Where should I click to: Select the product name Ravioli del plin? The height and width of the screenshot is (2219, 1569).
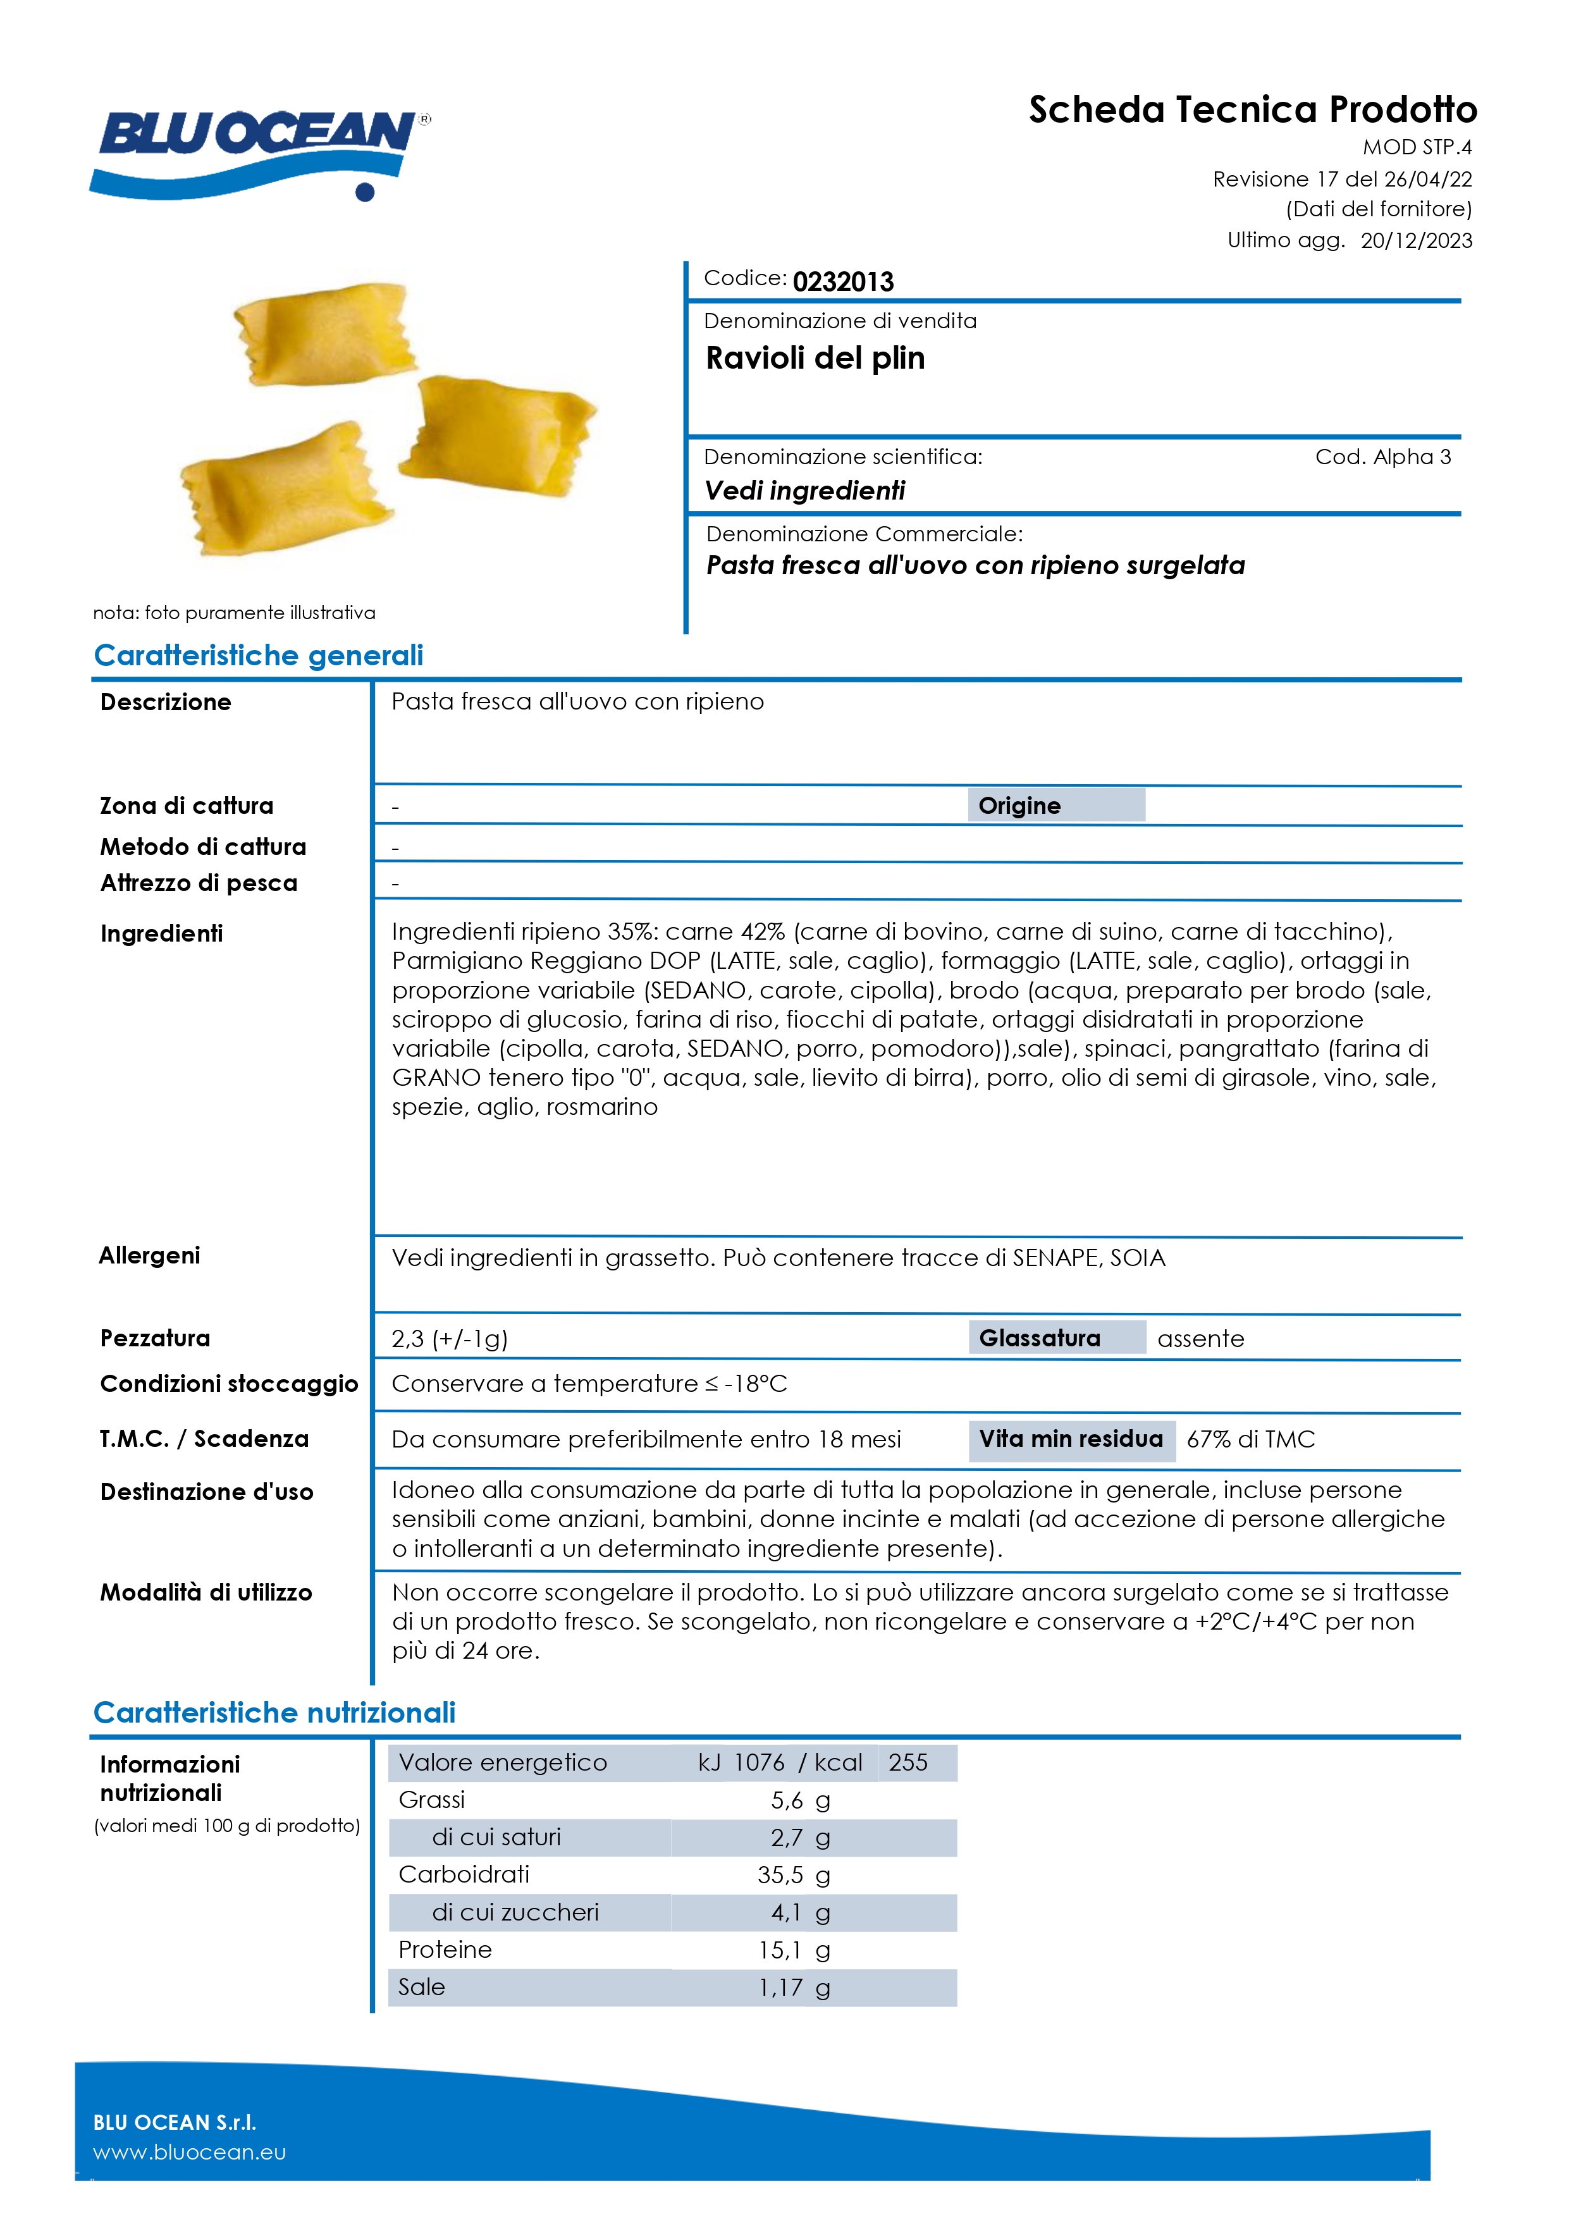pos(815,359)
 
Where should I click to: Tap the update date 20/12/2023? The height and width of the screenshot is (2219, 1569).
pos(1416,241)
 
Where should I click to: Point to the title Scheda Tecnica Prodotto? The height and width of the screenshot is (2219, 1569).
pos(1252,110)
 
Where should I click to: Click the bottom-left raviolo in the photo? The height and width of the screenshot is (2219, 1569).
pos(284,488)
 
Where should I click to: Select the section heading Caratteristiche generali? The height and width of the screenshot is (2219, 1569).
pos(258,655)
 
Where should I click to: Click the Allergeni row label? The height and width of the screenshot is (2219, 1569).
pos(150,1255)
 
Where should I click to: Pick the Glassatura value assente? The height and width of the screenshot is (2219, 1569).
pos(1201,1339)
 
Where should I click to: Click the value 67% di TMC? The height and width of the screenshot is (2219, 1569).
pos(1250,1439)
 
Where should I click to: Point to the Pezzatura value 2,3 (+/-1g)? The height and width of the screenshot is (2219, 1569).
pos(450,1339)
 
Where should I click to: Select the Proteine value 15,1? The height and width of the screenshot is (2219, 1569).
pos(779,1950)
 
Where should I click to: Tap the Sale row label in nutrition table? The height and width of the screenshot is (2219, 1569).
pos(421,1987)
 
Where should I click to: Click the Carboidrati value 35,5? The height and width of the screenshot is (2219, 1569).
pos(779,1875)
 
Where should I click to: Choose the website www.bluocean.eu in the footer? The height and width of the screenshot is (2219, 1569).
pos(190,2153)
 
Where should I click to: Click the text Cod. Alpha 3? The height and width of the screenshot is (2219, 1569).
pos(1382,457)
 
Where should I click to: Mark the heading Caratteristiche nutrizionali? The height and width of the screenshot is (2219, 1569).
pos(274,1712)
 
